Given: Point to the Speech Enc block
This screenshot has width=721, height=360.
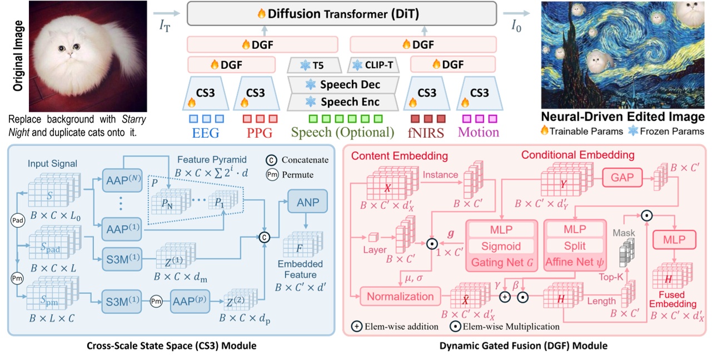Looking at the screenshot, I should [x=342, y=102].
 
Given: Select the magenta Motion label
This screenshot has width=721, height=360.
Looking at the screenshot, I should [x=478, y=133].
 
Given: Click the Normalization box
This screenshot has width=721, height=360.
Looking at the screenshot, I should [x=400, y=296].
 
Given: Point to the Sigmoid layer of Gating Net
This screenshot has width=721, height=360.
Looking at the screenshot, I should [x=501, y=246].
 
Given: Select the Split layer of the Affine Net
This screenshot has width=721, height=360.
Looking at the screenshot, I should [x=574, y=246].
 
